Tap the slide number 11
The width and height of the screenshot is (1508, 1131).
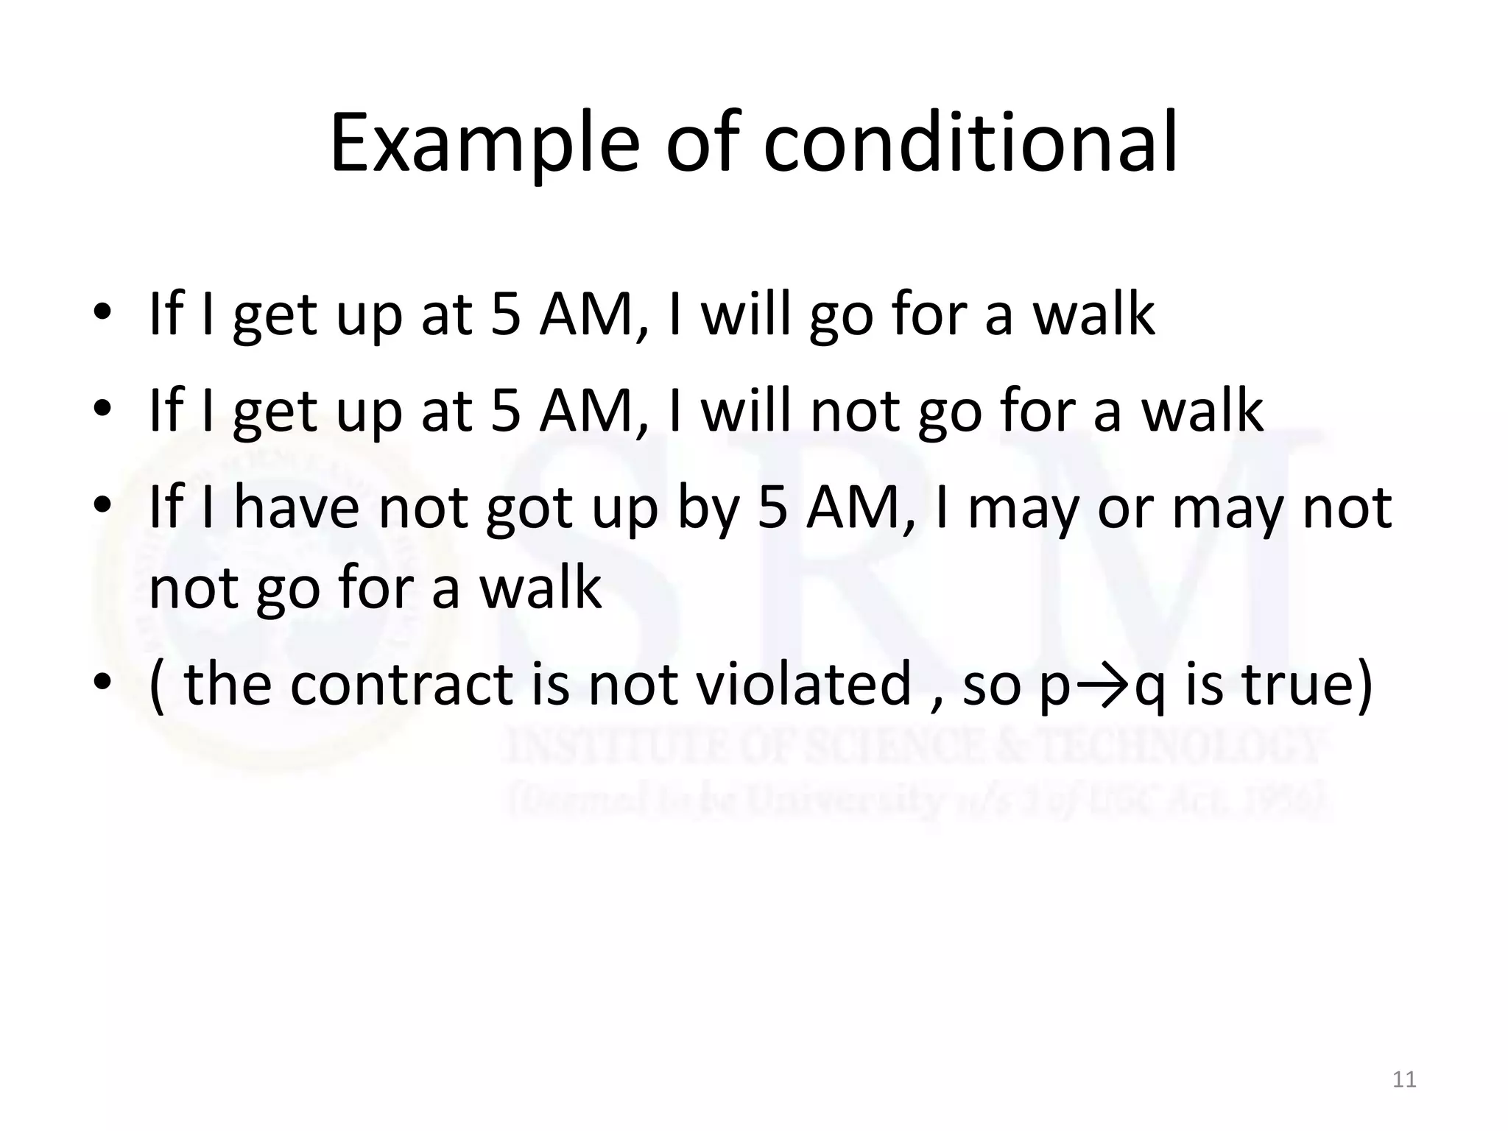(1405, 1079)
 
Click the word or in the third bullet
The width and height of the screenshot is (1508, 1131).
(1126, 510)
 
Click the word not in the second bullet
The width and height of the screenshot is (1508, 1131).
(854, 411)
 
